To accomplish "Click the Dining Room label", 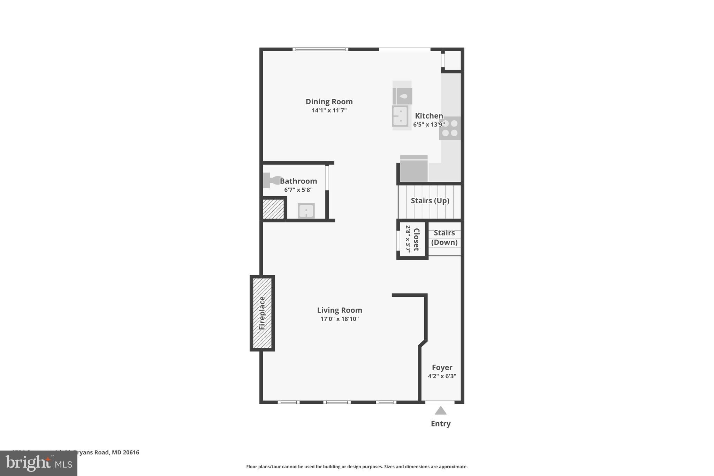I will pos(329,101).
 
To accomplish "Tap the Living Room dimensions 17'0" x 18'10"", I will pos(340,319).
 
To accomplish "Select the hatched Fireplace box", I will pos(262,313).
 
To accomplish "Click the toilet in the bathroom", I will pos(271,180).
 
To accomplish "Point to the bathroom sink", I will pos(306,211).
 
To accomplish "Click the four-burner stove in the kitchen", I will pos(450,128).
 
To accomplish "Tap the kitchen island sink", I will pos(400,116).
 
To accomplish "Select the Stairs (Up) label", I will pos(430,201).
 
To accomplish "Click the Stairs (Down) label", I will pos(444,237).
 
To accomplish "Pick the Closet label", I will pos(416,240).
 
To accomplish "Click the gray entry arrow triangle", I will pos(441,411).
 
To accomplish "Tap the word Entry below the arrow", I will pos(441,424).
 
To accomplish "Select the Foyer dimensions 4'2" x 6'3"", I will pos(442,376).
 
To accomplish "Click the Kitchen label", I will pos(429,116).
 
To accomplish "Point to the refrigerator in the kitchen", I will pos(414,168).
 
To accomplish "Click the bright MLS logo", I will pos(38,463).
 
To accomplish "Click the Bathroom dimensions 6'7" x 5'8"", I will pos(298,190).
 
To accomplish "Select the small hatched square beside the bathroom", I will pos(273,209).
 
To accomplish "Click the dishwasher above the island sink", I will pos(402,96).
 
